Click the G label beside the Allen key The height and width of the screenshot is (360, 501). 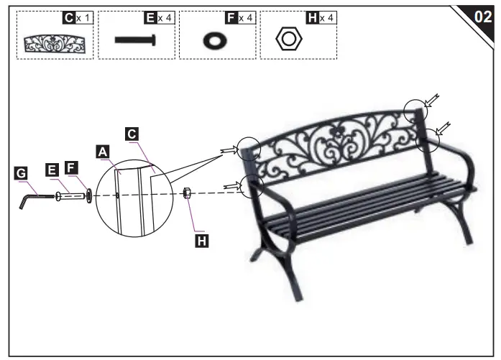pyautogui.click(x=21, y=172)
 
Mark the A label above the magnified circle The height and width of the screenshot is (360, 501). pyautogui.click(x=102, y=151)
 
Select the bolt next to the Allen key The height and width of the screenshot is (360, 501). pyautogui.click(x=70, y=194)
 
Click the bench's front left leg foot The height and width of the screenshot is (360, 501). pyautogui.click(x=294, y=296)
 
